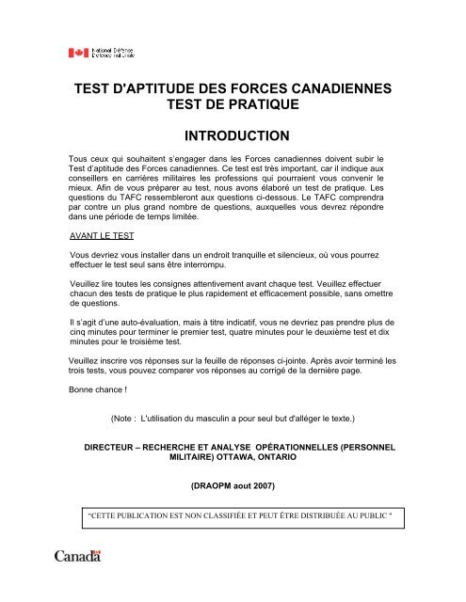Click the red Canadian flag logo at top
coord(76,53)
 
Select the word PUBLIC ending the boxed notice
coord(373,516)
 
